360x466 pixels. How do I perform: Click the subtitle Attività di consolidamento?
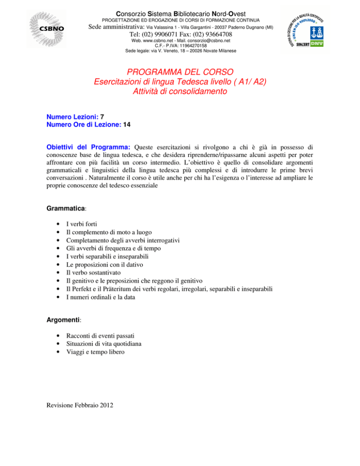[180, 92]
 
